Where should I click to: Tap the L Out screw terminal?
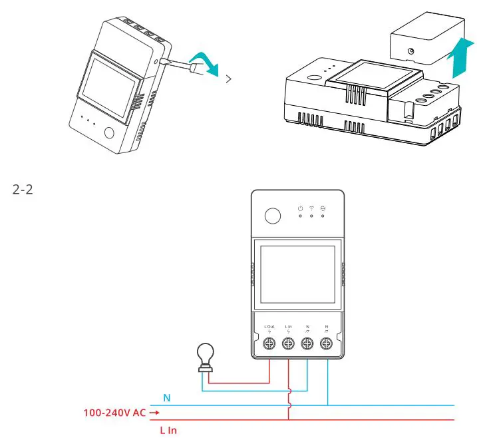[x=269, y=344]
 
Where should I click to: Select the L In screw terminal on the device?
[x=288, y=344]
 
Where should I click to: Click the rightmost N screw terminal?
[x=327, y=344]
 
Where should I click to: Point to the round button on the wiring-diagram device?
[x=271, y=216]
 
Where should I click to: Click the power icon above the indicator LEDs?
[x=301, y=208]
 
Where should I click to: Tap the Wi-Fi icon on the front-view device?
[x=311, y=208]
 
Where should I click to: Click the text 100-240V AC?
[x=113, y=413]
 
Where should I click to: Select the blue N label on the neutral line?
[x=167, y=397]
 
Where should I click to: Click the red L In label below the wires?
[x=168, y=431]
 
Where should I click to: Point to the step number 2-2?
[x=23, y=190]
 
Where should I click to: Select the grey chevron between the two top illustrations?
[x=230, y=79]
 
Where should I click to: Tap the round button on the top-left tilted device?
[x=109, y=131]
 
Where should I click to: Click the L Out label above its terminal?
[x=269, y=326]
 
